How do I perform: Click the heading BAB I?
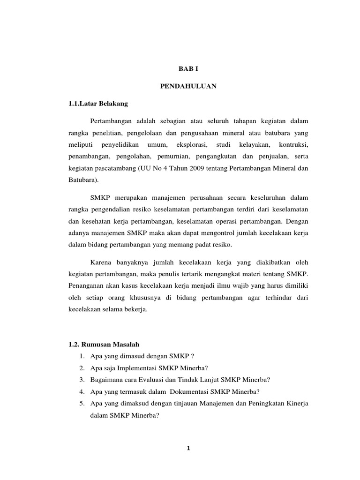(x=188, y=68)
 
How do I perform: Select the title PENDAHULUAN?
(x=188, y=86)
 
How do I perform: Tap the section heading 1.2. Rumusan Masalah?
(x=104, y=345)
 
